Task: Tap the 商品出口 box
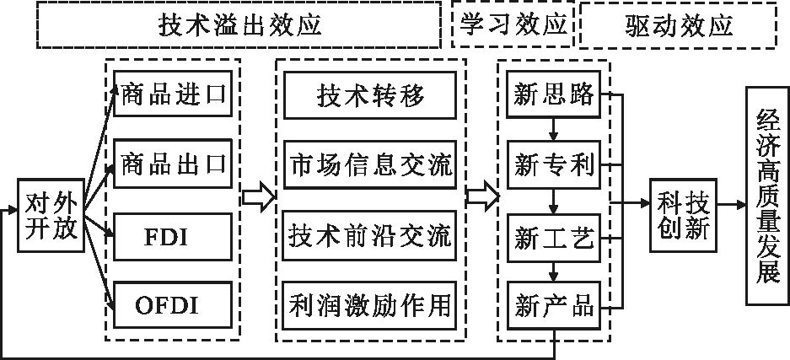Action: point(173,164)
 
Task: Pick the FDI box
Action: point(173,235)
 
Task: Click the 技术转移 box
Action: point(371,95)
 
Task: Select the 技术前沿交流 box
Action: point(371,233)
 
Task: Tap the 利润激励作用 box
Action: point(371,302)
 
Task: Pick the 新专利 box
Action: point(554,164)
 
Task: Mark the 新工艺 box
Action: point(554,233)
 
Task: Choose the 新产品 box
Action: point(554,302)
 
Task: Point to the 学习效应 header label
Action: point(513,24)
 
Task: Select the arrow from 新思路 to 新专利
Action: point(554,130)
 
